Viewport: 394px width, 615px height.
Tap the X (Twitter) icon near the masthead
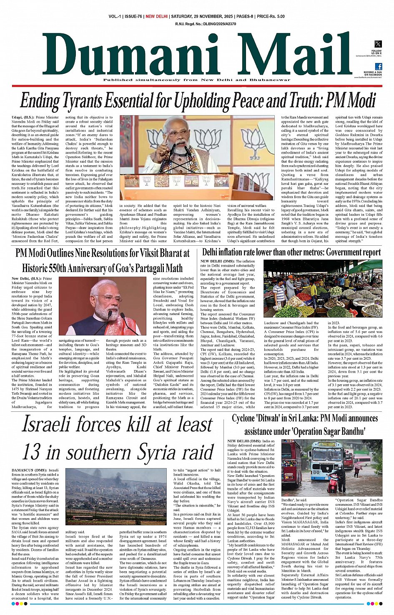pyautogui.click(x=378, y=44)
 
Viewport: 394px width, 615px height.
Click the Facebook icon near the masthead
pyautogui.click(x=378, y=66)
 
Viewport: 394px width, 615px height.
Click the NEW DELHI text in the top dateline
pyautogui.click(x=156, y=16)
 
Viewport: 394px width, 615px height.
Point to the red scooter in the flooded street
pyautogui.click(x=334, y=484)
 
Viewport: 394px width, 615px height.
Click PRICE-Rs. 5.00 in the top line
pyautogui.click(x=271, y=16)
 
